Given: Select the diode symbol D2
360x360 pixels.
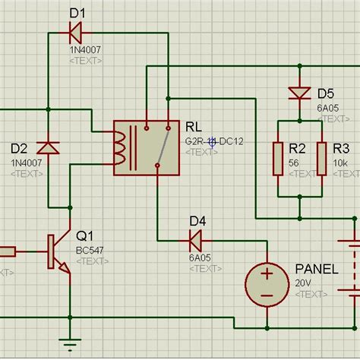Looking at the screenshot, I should tap(49, 145).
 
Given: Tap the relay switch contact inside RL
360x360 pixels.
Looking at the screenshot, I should tap(160, 148).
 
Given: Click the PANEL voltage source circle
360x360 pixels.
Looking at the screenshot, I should tap(267, 284).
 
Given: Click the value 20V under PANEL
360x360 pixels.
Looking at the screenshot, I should tap(303, 283).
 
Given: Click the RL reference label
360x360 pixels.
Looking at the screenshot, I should tap(194, 126).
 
